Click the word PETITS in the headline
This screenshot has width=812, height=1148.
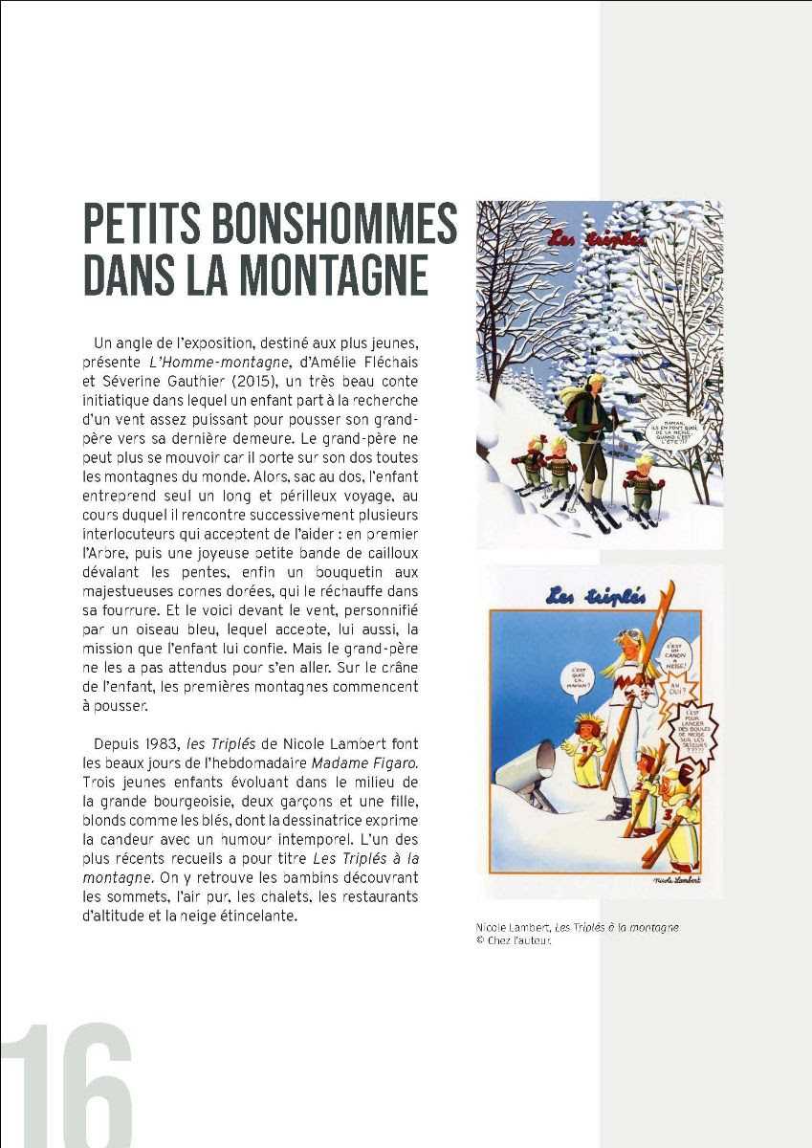140,225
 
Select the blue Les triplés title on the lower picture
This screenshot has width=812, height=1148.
583,596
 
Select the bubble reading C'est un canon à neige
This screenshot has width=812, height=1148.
674,655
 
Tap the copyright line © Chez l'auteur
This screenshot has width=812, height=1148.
514,939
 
